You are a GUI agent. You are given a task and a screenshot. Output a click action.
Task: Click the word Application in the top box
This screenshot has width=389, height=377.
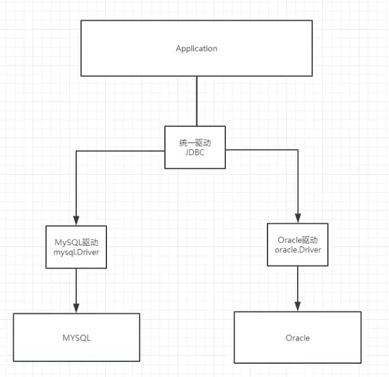(196, 49)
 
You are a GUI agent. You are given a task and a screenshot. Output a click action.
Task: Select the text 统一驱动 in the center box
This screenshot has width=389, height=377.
(194, 142)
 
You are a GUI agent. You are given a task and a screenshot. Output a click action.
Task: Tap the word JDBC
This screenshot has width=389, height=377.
(194, 153)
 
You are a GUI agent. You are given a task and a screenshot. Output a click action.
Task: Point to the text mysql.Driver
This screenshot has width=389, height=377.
(76, 253)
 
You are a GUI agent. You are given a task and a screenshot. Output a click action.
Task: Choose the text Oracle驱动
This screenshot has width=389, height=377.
(297, 240)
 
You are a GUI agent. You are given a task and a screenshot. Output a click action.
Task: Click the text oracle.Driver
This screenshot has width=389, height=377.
(297, 250)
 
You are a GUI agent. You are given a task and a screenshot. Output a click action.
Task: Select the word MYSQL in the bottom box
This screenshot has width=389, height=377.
(77, 337)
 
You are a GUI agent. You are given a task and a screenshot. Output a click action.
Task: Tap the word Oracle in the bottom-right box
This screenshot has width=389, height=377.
(297, 338)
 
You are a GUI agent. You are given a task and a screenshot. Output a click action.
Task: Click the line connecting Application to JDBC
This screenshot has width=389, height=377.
(196, 101)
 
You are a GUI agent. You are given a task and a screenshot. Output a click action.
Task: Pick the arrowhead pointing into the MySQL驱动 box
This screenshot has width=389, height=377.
(76, 221)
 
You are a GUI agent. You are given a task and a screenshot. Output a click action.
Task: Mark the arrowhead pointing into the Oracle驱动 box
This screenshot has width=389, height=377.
(297, 218)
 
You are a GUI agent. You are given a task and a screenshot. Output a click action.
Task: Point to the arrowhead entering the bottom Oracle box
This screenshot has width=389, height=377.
(297, 306)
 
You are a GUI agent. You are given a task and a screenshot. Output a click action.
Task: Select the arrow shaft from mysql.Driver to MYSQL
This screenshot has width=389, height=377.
(76, 287)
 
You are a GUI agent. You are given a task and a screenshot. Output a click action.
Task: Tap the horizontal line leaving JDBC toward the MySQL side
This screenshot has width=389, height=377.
(120, 151)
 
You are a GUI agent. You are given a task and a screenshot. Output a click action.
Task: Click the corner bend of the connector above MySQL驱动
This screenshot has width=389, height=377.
(76, 151)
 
